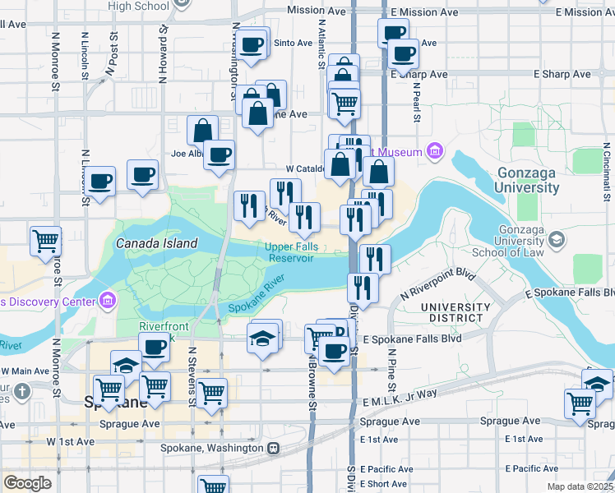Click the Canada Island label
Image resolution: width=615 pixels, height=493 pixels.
click(x=156, y=243)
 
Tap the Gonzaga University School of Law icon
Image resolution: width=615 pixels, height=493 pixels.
click(x=558, y=239)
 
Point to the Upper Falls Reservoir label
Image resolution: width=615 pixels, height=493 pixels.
click(x=289, y=252)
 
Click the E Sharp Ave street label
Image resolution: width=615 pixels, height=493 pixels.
click(x=419, y=74)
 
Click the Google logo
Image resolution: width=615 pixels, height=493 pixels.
click(x=27, y=483)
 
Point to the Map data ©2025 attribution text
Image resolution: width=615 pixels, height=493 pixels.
click(x=580, y=486)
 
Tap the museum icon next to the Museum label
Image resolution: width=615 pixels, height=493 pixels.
click(x=434, y=152)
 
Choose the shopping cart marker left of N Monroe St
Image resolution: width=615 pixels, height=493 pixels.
click(x=46, y=241)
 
